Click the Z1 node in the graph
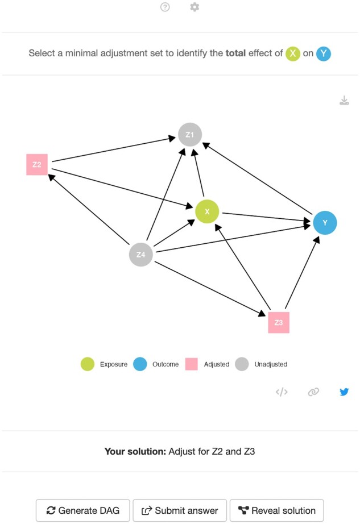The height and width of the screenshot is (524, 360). click(x=189, y=135)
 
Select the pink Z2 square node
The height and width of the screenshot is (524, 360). click(x=37, y=164)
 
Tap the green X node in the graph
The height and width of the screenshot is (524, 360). click(x=207, y=211)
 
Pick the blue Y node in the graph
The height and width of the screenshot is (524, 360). click(x=325, y=222)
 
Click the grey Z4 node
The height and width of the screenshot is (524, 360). click(x=141, y=254)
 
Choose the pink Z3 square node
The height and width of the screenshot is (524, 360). click(x=279, y=322)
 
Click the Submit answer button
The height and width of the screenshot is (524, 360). click(x=180, y=510)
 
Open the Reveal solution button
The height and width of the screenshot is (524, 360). click(x=276, y=510)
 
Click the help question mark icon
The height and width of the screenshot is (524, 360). click(x=165, y=7)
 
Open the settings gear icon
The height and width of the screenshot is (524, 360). click(x=195, y=7)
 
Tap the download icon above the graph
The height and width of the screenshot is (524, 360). click(x=344, y=101)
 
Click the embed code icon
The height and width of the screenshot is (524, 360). click(x=282, y=392)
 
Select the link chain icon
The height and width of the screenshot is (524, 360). click(x=313, y=392)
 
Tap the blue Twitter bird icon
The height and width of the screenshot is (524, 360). click(x=344, y=392)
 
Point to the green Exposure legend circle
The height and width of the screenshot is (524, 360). click(x=88, y=364)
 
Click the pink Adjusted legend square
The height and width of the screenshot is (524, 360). click(x=192, y=364)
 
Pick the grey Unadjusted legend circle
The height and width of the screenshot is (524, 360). click(x=242, y=364)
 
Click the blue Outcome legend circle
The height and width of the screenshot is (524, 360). click(x=140, y=364)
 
